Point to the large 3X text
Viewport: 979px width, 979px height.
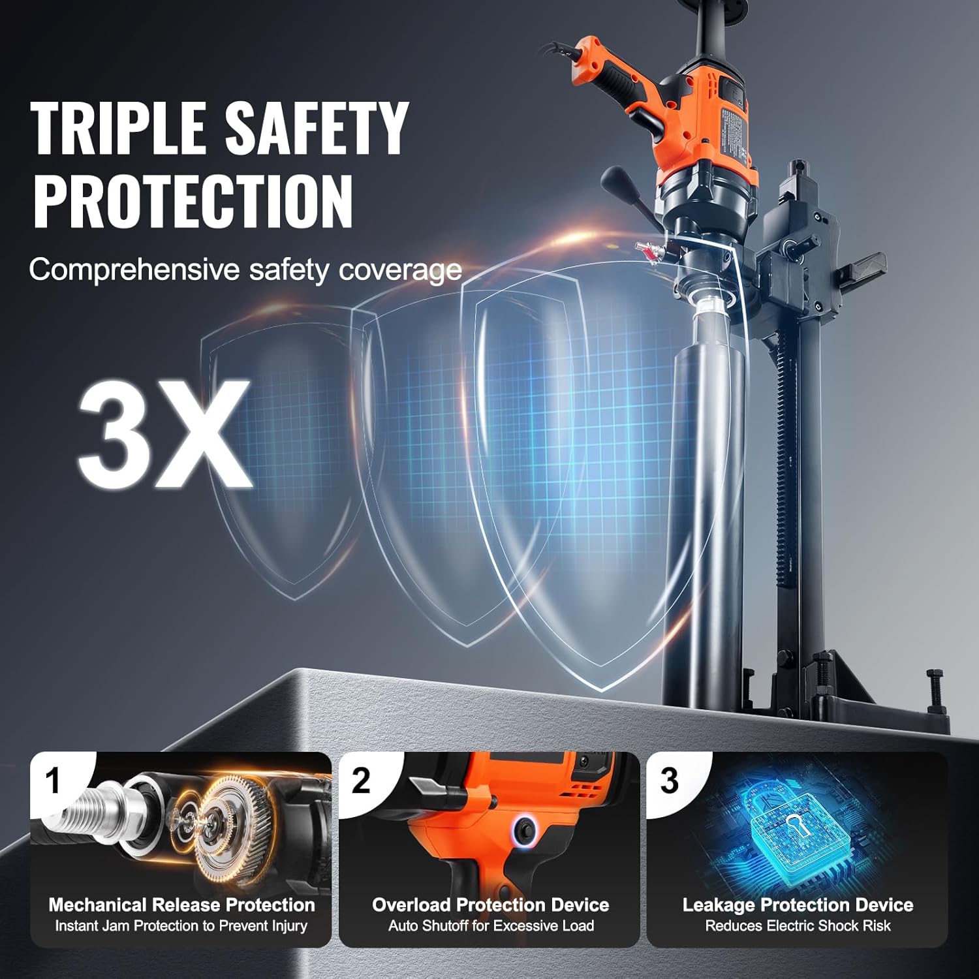click(164, 433)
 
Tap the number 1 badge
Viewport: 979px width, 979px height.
click(54, 781)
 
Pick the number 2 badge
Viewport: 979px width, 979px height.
click(361, 781)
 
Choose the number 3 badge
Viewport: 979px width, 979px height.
click(669, 781)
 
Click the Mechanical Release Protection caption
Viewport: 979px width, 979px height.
click(181, 905)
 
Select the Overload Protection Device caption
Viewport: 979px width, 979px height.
click(490, 905)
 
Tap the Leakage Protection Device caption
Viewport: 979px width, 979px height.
click(798, 905)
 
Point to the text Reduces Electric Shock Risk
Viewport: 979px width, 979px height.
click(798, 925)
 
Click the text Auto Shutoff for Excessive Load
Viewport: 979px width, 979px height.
click(491, 925)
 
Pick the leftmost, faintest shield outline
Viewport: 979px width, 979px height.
click(287, 457)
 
